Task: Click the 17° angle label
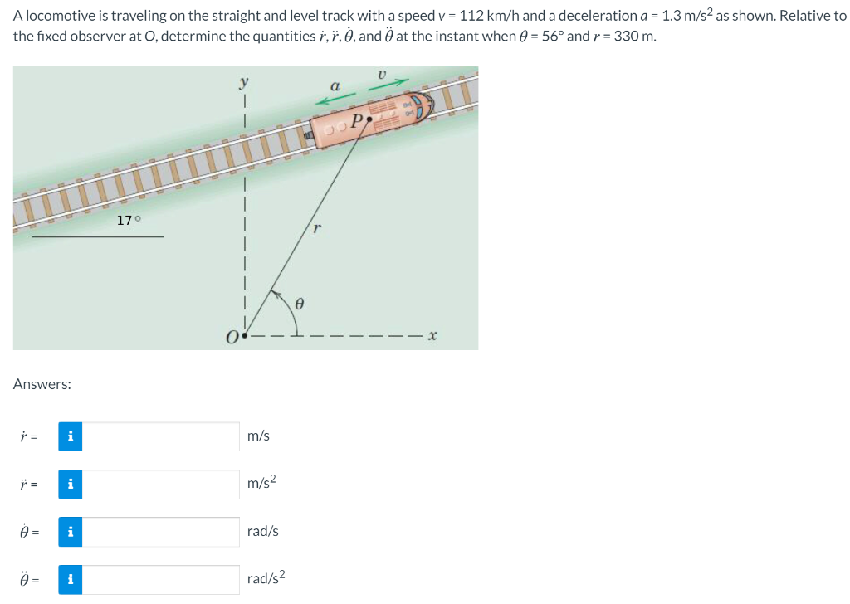point(129,220)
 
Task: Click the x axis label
point(432,337)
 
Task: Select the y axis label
point(243,81)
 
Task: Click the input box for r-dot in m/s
point(161,436)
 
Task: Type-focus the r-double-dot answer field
point(161,485)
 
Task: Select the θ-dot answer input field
point(161,532)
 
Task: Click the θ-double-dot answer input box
point(161,580)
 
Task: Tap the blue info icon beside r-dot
point(71,436)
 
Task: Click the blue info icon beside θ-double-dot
point(71,580)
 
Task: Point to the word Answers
point(42,384)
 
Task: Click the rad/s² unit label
point(266,578)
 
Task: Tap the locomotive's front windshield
point(427,107)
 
